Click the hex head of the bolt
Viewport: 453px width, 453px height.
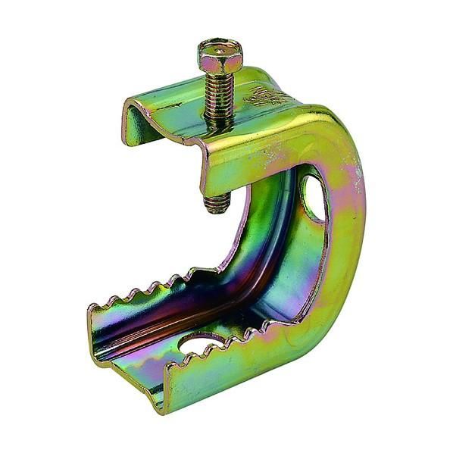[x=220, y=55]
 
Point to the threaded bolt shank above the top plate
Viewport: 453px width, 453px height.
[x=219, y=95]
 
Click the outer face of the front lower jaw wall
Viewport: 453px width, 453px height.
[x=227, y=371]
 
